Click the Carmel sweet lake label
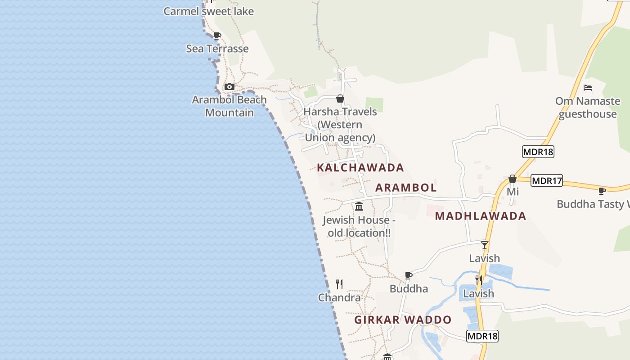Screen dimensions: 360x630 [208, 11]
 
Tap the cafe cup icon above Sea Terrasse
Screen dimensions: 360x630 [217, 36]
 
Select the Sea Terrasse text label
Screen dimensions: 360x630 [217, 49]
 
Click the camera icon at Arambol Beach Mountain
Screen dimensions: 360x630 [229, 86]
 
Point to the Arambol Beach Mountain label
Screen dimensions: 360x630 [229, 106]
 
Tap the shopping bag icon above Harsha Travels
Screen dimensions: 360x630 [340, 99]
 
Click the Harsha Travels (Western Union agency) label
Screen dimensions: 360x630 [340, 125]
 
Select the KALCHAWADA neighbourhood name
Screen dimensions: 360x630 [360, 168]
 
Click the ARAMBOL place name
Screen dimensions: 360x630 [406, 188]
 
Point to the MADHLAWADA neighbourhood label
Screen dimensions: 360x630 [481, 216]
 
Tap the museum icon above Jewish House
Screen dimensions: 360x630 [359, 207]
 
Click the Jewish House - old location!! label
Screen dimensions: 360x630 [359, 226]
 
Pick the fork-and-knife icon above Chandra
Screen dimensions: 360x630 [339, 284]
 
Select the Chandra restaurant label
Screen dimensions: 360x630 [339, 298]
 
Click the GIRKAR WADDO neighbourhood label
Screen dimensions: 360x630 [403, 320]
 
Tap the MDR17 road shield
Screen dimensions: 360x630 [547, 181]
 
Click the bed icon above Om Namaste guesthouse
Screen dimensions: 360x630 [587, 87]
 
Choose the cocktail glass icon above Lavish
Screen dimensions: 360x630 [484, 245]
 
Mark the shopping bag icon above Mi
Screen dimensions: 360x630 [512, 179]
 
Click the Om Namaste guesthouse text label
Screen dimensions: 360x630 [588, 108]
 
